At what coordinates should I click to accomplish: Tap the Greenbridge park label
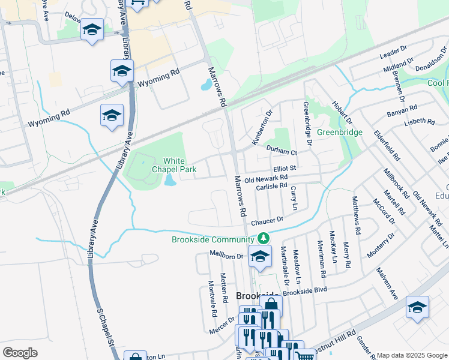point(339,132)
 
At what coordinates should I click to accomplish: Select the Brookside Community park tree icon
point(262,239)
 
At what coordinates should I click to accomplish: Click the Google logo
point(20,353)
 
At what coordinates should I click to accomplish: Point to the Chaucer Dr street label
point(267,221)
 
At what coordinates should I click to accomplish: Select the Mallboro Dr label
point(226,255)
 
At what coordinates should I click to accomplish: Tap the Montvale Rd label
point(212,298)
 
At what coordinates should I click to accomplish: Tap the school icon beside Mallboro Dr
point(260,256)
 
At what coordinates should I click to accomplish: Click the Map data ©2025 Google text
point(411,355)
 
